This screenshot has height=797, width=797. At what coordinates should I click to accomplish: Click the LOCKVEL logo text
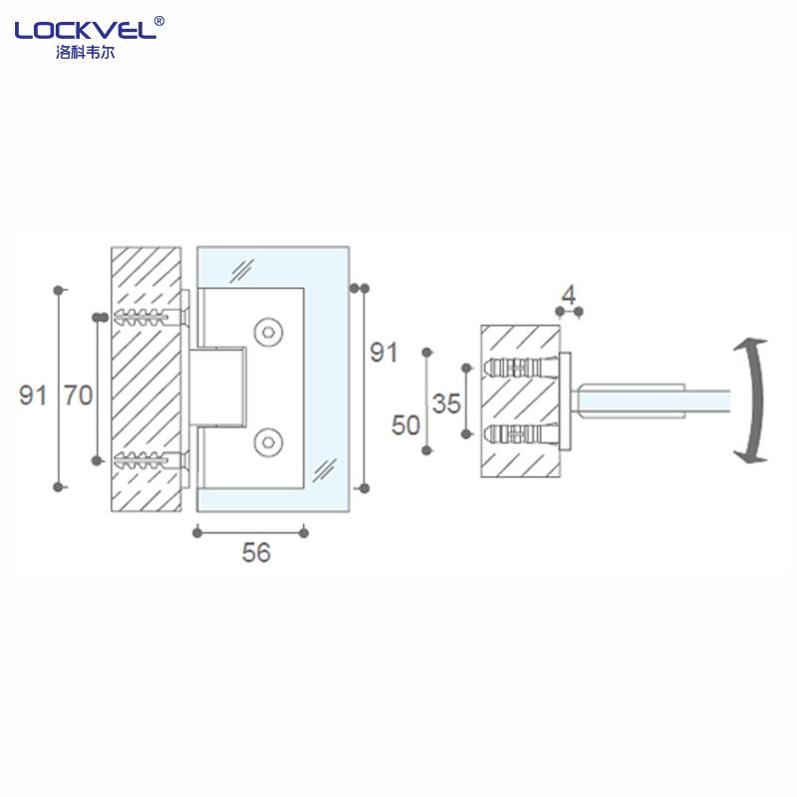point(85,31)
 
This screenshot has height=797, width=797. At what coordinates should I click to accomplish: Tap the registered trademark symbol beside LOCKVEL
point(160,20)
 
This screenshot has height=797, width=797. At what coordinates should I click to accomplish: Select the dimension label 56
point(256,553)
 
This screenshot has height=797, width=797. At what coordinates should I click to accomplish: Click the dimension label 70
point(78,396)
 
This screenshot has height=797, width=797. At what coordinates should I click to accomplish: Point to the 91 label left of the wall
point(33,396)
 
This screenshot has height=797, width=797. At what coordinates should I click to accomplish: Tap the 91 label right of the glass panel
point(384,352)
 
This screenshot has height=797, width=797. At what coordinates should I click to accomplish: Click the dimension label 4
point(569,295)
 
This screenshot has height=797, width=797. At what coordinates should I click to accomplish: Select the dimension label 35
point(447,403)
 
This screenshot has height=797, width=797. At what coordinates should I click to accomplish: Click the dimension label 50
point(405,425)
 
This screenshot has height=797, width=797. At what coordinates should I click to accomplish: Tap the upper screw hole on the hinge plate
point(267,332)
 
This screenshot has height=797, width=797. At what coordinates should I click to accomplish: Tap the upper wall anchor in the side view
point(522,366)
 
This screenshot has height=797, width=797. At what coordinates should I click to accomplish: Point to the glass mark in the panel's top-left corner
point(242,268)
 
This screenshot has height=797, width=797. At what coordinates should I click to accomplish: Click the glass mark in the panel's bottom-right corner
point(325,466)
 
